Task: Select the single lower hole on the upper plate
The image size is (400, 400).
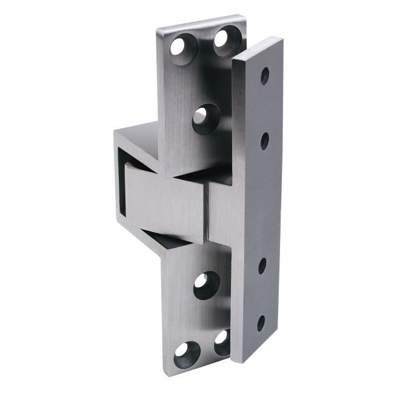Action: click(207, 118)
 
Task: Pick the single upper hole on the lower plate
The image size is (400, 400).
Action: click(206, 284)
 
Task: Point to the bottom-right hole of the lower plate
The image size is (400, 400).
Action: click(222, 341)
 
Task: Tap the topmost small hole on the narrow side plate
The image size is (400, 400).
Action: click(264, 76)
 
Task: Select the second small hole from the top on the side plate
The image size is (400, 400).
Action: click(264, 140)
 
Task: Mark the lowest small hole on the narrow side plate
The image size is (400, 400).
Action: click(261, 322)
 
